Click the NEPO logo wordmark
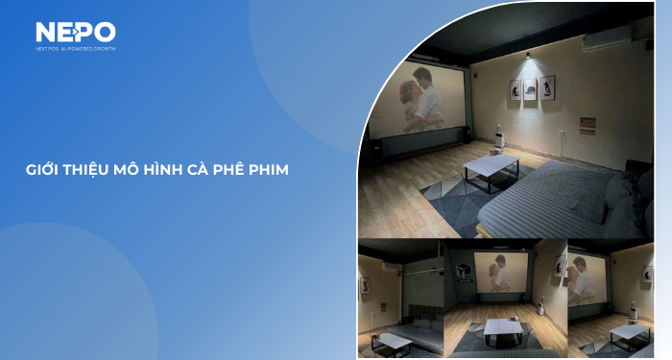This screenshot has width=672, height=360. (75, 33)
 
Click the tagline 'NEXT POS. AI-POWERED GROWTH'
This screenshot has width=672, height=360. (75, 48)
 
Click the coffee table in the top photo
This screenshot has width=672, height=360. (491, 169)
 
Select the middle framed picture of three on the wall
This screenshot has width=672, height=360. (529, 89)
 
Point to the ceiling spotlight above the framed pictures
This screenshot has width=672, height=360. (527, 60)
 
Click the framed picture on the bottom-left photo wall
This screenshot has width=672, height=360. (364, 285)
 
